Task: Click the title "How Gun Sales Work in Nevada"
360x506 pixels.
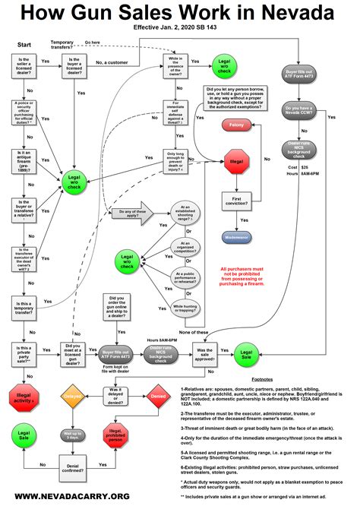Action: pos(180,14)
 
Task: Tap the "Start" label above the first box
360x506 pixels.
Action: pos(24,44)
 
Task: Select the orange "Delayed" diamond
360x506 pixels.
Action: pos(73,397)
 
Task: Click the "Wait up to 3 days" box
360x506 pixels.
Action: pos(73,436)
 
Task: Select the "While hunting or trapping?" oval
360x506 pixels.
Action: pos(187,308)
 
